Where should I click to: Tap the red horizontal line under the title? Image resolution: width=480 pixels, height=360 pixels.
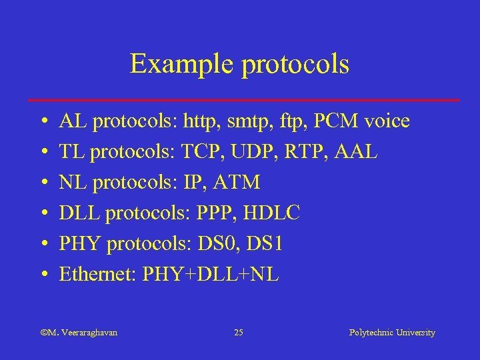pos(244,100)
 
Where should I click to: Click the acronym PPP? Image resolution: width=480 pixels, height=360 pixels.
pos(213,213)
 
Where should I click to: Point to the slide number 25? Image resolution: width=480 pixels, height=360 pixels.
pos(239,333)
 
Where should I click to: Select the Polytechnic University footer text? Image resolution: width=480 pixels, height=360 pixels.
pos(392,333)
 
